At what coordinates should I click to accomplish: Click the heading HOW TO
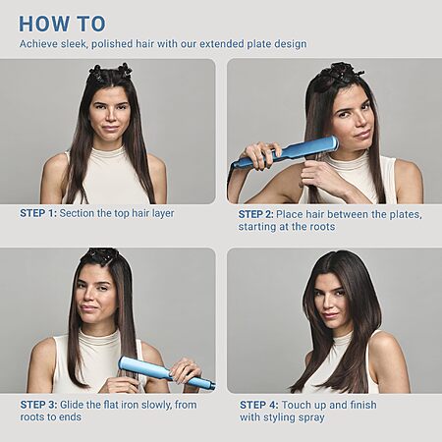[x=62, y=24]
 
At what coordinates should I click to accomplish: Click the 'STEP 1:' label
[x=38, y=213]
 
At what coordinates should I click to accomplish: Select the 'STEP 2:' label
[x=255, y=214]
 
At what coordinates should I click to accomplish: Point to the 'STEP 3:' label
[x=38, y=405]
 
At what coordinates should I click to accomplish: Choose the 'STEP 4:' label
[x=259, y=405]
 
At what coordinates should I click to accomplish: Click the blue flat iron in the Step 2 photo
[x=285, y=152]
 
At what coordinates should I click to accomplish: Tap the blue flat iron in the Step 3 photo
[x=167, y=372]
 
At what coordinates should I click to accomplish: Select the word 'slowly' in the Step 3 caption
[x=152, y=405]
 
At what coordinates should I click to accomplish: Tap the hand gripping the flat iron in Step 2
[x=261, y=154]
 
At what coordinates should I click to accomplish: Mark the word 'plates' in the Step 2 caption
[x=405, y=215]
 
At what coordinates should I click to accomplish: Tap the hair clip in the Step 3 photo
[x=99, y=254]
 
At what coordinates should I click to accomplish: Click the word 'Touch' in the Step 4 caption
[x=295, y=405]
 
